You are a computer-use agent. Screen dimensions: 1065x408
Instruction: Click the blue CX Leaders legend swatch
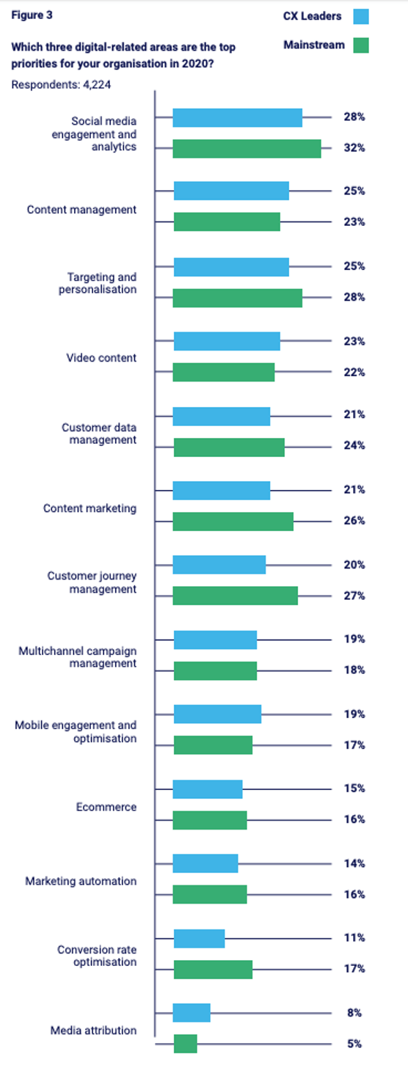[x=360, y=16]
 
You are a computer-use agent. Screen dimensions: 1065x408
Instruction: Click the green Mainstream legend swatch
[x=360, y=45]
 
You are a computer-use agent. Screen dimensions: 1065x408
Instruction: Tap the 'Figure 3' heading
[x=32, y=15]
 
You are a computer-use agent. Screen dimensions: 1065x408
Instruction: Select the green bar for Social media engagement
[x=247, y=148]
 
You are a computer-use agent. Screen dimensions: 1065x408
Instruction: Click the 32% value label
[x=354, y=147]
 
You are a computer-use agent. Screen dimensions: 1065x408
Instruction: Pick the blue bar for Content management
[x=231, y=191]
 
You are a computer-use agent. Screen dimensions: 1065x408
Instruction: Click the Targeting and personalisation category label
[x=98, y=283]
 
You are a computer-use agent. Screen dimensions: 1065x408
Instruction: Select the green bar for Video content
[x=224, y=372]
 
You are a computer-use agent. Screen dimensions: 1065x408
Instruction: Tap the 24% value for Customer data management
[x=354, y=445]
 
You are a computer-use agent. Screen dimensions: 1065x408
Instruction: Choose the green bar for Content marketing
[x=233, y=521]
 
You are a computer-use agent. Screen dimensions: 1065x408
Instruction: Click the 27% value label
[x=354, y=596]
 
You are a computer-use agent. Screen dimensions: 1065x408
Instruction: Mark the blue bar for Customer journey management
[x=219, y=565]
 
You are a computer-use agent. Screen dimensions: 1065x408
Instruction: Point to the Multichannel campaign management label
[x=77, y=657]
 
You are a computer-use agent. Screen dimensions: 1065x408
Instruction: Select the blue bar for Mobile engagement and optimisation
[x=217, y=714]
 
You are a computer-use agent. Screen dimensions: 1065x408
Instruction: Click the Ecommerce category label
[x=106, y=807]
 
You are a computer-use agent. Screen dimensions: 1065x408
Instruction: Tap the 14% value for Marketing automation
[x=354, y=863]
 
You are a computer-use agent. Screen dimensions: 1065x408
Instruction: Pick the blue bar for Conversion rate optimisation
[x=199, y=938]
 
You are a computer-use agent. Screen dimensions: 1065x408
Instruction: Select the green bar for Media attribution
[x=185, y=1043]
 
